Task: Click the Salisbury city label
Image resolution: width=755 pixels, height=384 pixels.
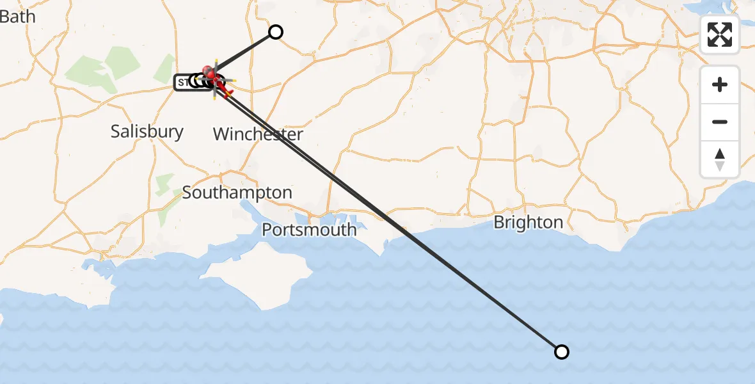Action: pyautogui.click(x=147, y=132)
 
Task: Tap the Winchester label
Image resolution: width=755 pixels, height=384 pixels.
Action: pyautogui.click(x=258, y=134)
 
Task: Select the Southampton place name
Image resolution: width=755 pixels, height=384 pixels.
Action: pyautogui.click(x=237, y=193)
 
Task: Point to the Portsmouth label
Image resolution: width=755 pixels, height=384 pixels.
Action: pyautogui.click(x=310, y=229)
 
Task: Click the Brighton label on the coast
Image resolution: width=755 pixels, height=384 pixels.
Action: pyautogui.click(x=528, y=223)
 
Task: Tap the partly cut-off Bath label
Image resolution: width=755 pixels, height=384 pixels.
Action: pyautogui.click(x=17, y=17)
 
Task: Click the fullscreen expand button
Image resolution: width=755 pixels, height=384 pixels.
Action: pyautogui.click(x=720, y=35)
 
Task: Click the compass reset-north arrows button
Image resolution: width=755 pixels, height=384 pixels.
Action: pyautogui.click(x=720, y=159)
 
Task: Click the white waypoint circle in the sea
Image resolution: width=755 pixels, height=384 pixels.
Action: pyautogui.click(x=561, y=351)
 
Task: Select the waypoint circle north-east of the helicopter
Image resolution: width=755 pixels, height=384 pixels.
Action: pyautogui.click(x=275, y=32)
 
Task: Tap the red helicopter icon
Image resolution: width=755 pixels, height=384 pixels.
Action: pyautogui.click(x=214, y=81)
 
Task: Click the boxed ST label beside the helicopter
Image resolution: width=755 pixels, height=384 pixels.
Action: pyautogui.click(x=183, y=82)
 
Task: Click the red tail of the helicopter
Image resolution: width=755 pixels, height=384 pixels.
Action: pyautogui.click(x=227, y=93)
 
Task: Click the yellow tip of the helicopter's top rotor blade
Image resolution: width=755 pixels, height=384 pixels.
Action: pyautogui.click(x=216, y=61)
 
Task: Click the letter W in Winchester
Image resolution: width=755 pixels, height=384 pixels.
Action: pyautogui.click(x=221, y=134)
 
